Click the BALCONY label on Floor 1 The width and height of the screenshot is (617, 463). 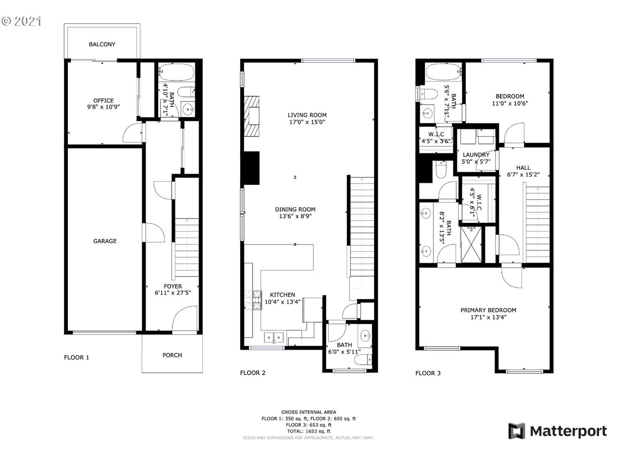click(102, 44)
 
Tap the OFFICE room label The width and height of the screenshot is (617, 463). click(103, 101)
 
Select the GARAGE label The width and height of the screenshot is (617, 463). click(105, 241)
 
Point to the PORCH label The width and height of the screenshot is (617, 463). click(172, 355)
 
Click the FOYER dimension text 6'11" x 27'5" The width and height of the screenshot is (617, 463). click(173, 293)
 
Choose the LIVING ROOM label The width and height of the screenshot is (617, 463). click(307, 115)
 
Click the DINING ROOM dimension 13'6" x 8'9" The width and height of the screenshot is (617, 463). click(295, 217)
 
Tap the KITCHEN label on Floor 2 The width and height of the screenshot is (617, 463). click(282, 295)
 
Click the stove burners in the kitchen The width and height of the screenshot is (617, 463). click(253, 300)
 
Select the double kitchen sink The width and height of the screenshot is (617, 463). click(273, 337)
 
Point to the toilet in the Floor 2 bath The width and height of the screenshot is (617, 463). click(367, 360)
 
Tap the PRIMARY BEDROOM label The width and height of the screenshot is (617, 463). click(488, 311)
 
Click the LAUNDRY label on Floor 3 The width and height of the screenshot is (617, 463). click(476, 155)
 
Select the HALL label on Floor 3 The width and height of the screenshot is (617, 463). click(523, 168)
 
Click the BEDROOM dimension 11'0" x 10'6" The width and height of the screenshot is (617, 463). click(510, 103)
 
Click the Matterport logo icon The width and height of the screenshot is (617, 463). click(516, 431)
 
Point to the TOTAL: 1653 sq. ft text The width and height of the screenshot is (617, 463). click(308, 431)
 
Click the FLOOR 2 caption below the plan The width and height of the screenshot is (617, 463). click(253, 373)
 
